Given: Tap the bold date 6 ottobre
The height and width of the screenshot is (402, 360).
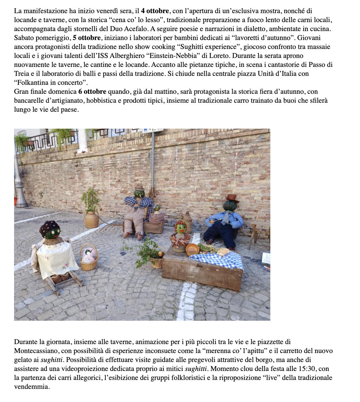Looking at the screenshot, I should [92, 92].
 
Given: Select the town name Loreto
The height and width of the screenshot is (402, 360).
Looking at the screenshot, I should [219, 56].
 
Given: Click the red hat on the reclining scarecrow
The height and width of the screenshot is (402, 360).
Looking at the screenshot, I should [233, 198].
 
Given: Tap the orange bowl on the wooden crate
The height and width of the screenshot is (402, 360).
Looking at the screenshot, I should [192, 249].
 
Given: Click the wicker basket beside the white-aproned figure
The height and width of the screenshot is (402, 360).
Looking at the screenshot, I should [88, 258].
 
